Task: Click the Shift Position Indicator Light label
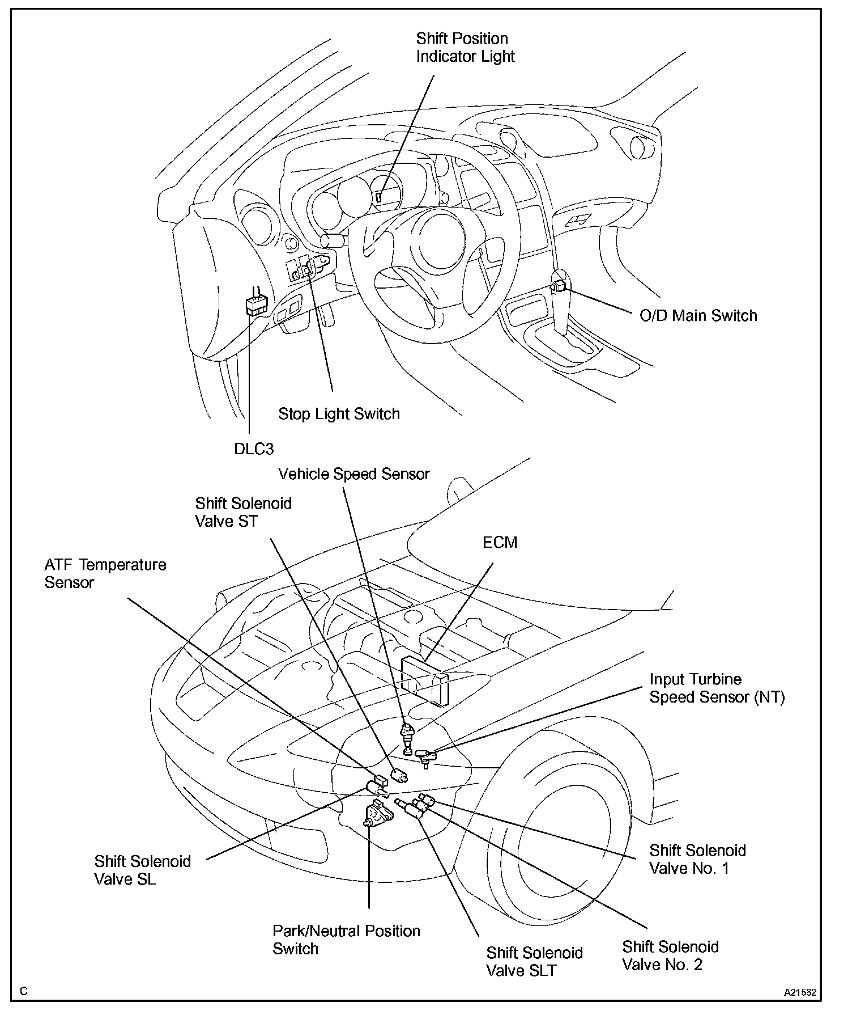(x=465, y=48)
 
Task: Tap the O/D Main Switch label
(x=698, y=316)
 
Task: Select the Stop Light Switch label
(x=339, y=414)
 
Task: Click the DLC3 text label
(x=254, y=449)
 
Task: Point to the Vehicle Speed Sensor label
(x=354, y=474)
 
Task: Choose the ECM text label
(x=500, y=543)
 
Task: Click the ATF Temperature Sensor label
(x=105, y=574)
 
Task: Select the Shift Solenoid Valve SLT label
(x=534, y=961)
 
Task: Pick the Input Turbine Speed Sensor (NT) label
(x=717, y=688)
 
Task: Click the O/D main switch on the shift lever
(x=559, y=286)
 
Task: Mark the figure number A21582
(x=800, y=993)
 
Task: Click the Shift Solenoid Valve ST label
(x=243, y=512)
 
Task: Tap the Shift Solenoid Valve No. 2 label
(x=670, y=955)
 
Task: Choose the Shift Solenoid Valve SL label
(x=142, y=870)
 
